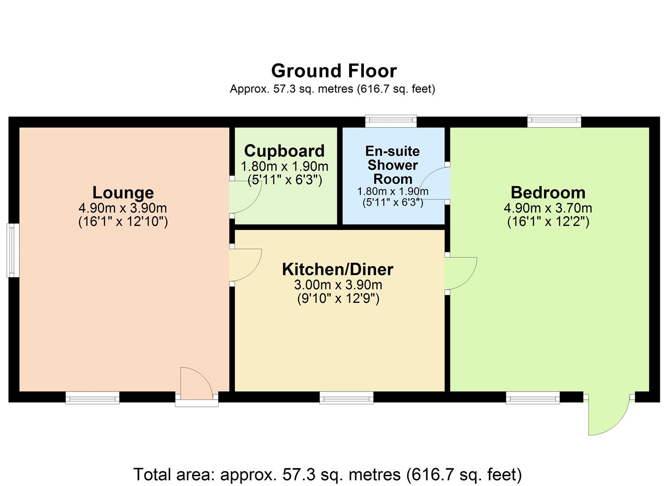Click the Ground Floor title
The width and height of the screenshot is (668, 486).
point(334,71)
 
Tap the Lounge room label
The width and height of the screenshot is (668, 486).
point(123,193)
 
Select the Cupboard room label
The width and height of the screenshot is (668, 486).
point(284,151)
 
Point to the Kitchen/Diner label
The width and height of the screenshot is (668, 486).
point(337,269)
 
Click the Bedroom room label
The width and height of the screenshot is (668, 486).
point(548,193)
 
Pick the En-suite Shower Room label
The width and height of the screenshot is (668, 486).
point(393,165)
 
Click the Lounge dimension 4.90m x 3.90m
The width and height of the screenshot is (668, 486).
point(123,208)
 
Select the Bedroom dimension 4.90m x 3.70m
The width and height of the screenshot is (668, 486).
point(548,208)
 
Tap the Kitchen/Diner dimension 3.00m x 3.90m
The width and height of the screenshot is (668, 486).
point(338,285)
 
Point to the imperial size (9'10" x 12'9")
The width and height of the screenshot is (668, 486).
point(338,298)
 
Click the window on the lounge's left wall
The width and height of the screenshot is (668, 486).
point(13,250)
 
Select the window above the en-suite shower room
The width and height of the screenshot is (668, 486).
point(391,121)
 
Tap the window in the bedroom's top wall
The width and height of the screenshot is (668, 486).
point(554,121)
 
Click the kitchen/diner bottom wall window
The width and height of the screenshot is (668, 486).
point(346,397)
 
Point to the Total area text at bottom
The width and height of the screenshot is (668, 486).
point(327,475)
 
